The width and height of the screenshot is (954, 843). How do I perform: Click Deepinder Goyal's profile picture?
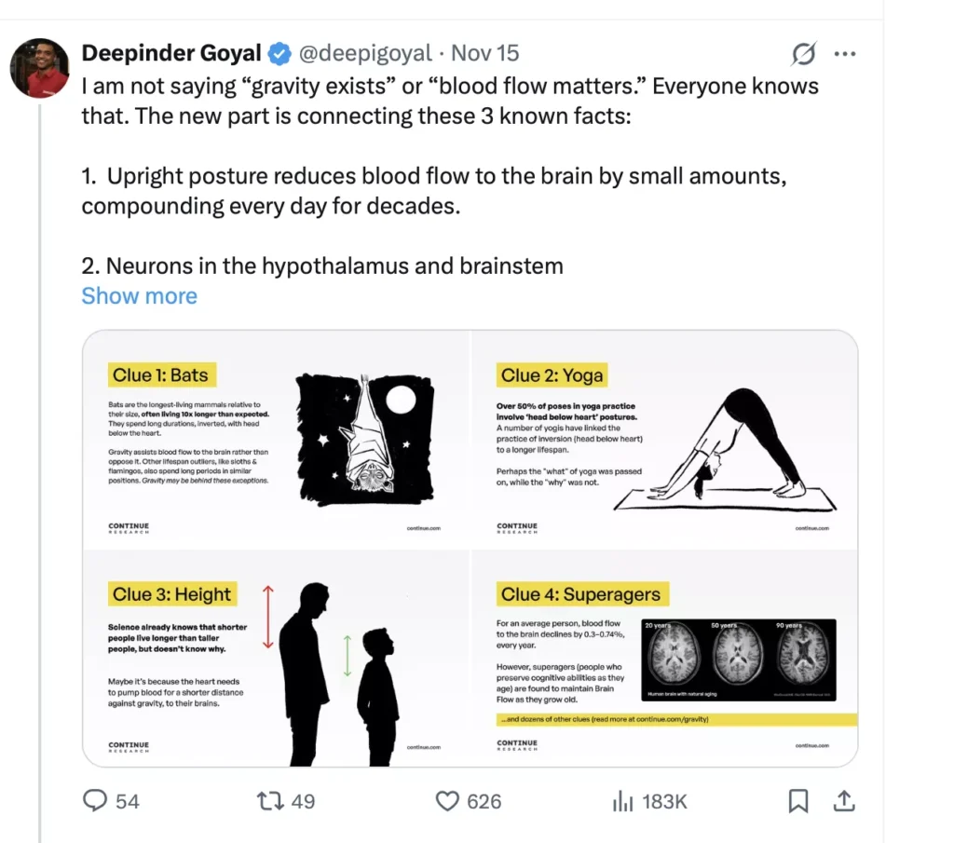pos(40,68)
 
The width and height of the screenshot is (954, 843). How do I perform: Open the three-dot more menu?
pos(844,54)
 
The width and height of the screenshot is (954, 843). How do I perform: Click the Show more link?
pos(140,296)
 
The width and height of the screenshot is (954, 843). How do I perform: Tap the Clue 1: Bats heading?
pos(160,375)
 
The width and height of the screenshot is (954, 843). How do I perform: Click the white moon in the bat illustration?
pos(401,401)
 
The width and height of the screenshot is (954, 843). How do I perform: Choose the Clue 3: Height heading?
pos(171,594)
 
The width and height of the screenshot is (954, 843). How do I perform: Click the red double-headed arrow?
pos(268,617)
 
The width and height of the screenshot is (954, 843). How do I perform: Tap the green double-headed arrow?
pos(347,655)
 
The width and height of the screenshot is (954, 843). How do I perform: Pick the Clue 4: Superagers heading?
pos(580,594)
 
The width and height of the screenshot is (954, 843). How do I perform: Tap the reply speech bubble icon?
pos(97,800)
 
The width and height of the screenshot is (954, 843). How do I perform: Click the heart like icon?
pos(448,800)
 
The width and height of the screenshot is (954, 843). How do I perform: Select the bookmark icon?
pos(798,800)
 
